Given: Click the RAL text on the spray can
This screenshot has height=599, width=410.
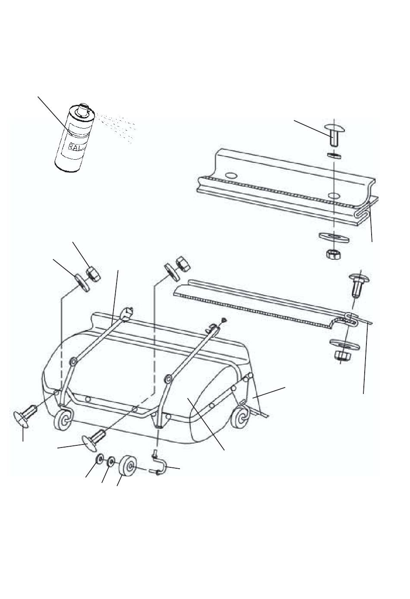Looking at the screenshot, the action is [x=72, y=146].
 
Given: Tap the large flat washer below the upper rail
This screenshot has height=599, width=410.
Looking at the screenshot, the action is [x=334, y=237].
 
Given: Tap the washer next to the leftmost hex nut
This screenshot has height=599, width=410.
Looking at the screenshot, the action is [x=82, y=283].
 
